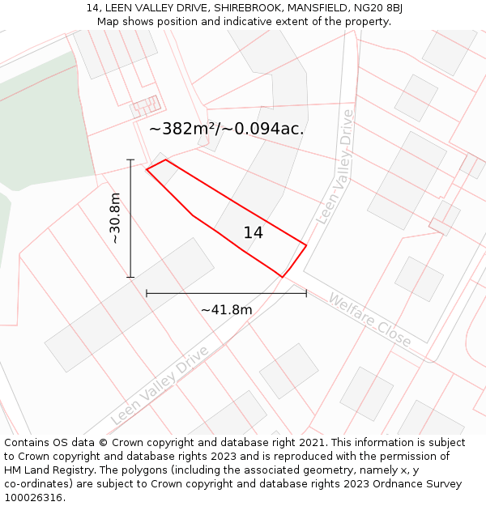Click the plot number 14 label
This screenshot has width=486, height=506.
click(253, 233)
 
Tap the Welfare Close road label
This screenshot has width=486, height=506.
click(369, 321)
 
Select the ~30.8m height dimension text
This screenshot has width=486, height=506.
click(115, 218)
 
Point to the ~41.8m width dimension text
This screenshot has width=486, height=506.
click(226, 309)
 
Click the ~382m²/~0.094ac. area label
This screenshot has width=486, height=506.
click(226, 129)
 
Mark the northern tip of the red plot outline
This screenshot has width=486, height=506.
click(165, 159)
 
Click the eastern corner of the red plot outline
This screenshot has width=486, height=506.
click(306, 244)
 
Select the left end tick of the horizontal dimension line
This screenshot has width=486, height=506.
click(147, 293)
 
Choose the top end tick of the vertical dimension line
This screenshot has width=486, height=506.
click(130, 160)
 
